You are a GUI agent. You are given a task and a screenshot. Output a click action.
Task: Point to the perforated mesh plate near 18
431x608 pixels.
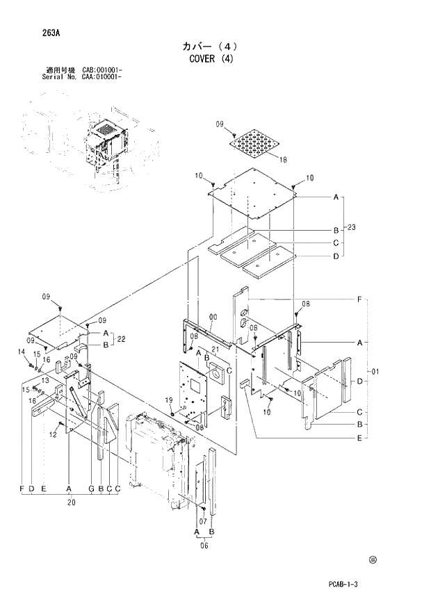tap(256, 144)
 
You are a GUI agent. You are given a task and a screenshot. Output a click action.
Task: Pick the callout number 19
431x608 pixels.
tap(168, 400)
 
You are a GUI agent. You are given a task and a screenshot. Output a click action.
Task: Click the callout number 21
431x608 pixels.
tap(215, 349)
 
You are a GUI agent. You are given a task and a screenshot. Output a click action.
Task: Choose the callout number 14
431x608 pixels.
tap(21, 352)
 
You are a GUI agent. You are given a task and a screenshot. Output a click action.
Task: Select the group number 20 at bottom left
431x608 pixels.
tap(70, 500)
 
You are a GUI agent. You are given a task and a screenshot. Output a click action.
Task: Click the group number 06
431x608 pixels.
tap(204, 546)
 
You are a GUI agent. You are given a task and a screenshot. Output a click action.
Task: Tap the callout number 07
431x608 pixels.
tap(204, 520)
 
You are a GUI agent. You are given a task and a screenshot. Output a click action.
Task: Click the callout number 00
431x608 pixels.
tap(213, 316)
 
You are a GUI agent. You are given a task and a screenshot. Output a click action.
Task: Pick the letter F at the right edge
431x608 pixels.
tap(359, 299)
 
